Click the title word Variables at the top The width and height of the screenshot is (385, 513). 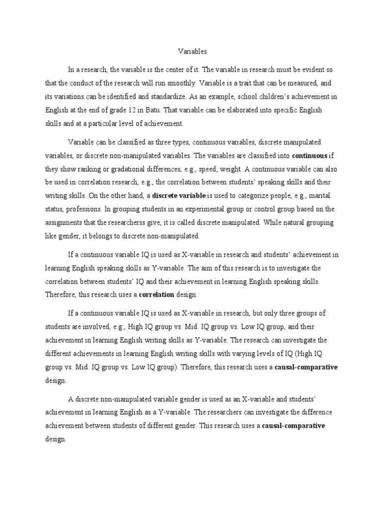pyautogui.click(x=192, y=51)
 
